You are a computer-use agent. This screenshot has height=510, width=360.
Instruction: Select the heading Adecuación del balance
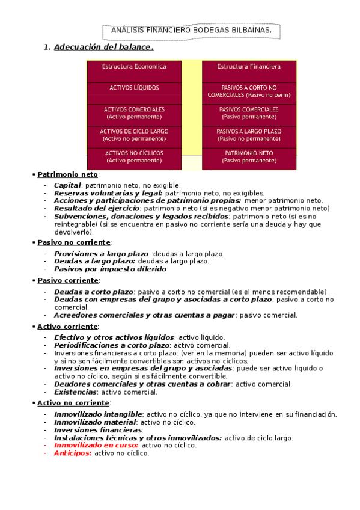point(103,47)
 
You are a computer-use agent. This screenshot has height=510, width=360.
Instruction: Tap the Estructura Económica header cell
point(134,66)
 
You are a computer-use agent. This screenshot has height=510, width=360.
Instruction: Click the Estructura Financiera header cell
point(249,66)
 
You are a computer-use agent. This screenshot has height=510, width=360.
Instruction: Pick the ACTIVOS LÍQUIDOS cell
point(134,88)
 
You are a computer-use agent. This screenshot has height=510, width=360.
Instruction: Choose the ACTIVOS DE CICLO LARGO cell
point(134,134)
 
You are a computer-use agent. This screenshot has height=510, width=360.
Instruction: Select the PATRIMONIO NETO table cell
point(249,156)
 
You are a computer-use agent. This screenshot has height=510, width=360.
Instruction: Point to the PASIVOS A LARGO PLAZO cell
point(249,134)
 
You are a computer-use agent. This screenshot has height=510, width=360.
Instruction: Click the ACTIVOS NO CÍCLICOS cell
point(134,156)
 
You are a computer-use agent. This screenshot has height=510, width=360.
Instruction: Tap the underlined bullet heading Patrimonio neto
point(59,174)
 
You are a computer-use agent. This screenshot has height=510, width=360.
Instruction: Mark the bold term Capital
point(67,185)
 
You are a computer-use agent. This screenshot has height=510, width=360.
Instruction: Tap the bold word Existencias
point(75,392)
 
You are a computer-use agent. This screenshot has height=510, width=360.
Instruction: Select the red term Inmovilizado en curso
point(96,445)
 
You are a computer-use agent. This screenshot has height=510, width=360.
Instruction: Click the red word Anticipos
point(72,453)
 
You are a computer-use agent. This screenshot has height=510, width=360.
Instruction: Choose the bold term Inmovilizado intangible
point(98,414)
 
